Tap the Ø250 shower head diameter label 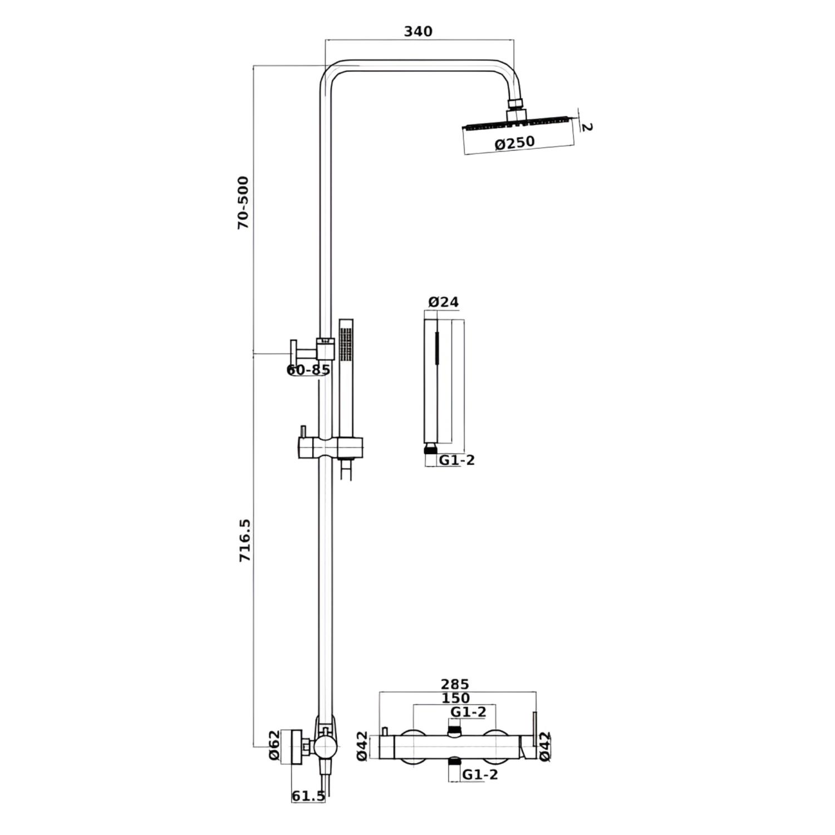click(x=515, y=143)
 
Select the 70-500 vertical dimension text click(x=243, y=203)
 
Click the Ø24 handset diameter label click(x=444, y=302)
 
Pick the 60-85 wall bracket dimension click(x=308, y=370)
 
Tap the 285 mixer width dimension click(x=455, y=684)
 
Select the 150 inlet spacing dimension click(x=455, y=698)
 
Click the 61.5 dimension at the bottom click(x=308, y=796)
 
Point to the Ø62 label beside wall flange click(x=273, y=746)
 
